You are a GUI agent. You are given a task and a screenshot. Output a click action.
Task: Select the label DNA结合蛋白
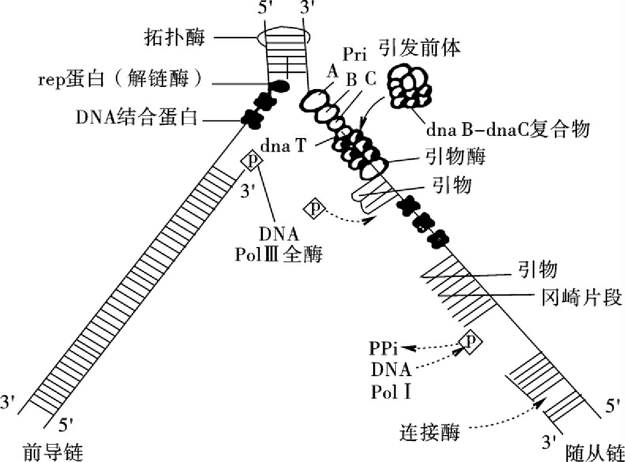point(136,118)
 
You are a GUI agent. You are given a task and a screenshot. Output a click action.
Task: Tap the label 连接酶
point(429,432)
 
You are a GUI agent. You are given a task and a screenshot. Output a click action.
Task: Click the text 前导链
point(53,451)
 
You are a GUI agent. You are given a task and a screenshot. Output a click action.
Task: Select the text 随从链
point(594,451)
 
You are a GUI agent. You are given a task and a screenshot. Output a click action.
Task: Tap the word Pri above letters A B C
point(356,55)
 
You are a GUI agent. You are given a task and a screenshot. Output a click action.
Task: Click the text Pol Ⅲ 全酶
point(279,255)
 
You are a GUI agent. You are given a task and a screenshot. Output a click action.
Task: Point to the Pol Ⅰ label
point(390,392)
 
